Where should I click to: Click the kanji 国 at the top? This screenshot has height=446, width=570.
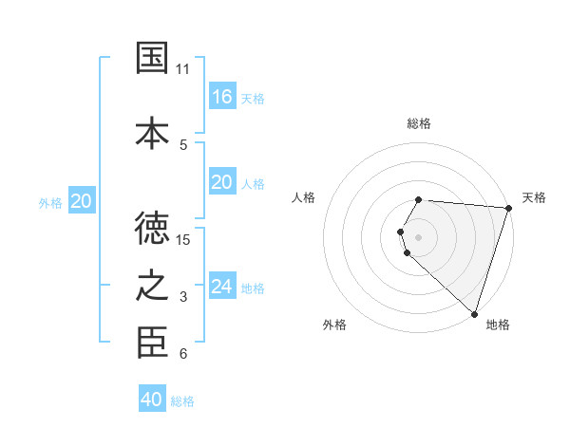(x=153, y=58)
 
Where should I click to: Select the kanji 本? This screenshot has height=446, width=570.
(x=153, y=132)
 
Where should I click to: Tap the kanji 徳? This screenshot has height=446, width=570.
(x=153, y=227)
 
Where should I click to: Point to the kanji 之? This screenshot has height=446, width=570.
(x=153, y=285)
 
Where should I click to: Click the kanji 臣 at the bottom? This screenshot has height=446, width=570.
(x=153, y=343)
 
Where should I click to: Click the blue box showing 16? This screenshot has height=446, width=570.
(x=222, y=97)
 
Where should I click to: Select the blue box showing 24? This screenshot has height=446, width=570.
(x=222, y=287)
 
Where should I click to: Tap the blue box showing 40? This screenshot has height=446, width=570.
(x=152, y=400)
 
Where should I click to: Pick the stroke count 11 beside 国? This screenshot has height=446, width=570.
(x=183, y=69)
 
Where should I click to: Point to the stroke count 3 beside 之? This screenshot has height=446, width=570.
(x=183, y=297)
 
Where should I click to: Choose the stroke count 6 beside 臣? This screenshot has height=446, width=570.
(x=183, y=355)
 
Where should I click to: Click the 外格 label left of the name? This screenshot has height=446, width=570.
(x=50, y=202)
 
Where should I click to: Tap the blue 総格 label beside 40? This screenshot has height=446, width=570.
(x=182, y=401)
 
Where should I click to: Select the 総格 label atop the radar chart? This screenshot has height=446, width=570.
(x=419, y=123)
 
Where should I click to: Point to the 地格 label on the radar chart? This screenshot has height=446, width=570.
(x=498, y=325)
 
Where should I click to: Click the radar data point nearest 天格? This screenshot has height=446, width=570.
(x=508, y=208)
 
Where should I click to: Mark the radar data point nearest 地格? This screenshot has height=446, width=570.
(x=474, y=313)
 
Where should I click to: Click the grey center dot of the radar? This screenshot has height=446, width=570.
(x=419, y=236)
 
